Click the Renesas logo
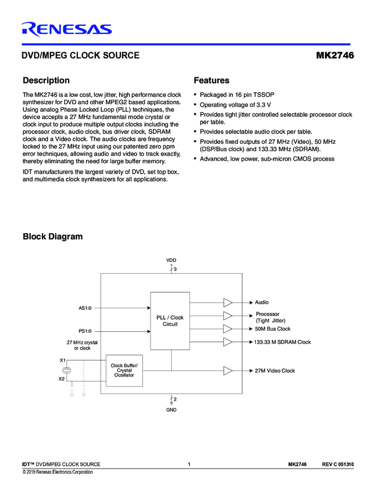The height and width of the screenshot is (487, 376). point(67,30)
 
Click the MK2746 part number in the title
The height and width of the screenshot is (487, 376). point(335,56)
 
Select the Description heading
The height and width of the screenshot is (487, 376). point(46,81)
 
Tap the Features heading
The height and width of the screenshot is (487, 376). point(212,81)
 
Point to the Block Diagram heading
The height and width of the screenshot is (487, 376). point(53,237)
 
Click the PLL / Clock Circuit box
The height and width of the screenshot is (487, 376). point(170,321)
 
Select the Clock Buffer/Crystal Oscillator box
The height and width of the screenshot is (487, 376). point(124,371)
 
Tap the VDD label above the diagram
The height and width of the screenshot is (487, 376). point(171,260)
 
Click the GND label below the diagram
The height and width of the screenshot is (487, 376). point(171,410)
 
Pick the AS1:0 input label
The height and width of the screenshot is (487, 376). point(85,308)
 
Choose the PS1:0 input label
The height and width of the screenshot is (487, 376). point(85,331)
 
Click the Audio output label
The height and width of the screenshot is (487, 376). point(262,302)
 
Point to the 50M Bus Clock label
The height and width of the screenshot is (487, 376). point(272,329)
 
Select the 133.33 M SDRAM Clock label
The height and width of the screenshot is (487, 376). point(282,342)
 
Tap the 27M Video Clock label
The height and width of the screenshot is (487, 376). point(275,371)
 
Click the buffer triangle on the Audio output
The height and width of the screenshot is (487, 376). point(228,302)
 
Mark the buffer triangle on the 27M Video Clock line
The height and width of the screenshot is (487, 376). point(228,371)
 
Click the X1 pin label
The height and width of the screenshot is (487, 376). point(62,360)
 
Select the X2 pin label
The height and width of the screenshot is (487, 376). point(62,379)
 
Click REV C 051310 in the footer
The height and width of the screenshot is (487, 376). point(338,464)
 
